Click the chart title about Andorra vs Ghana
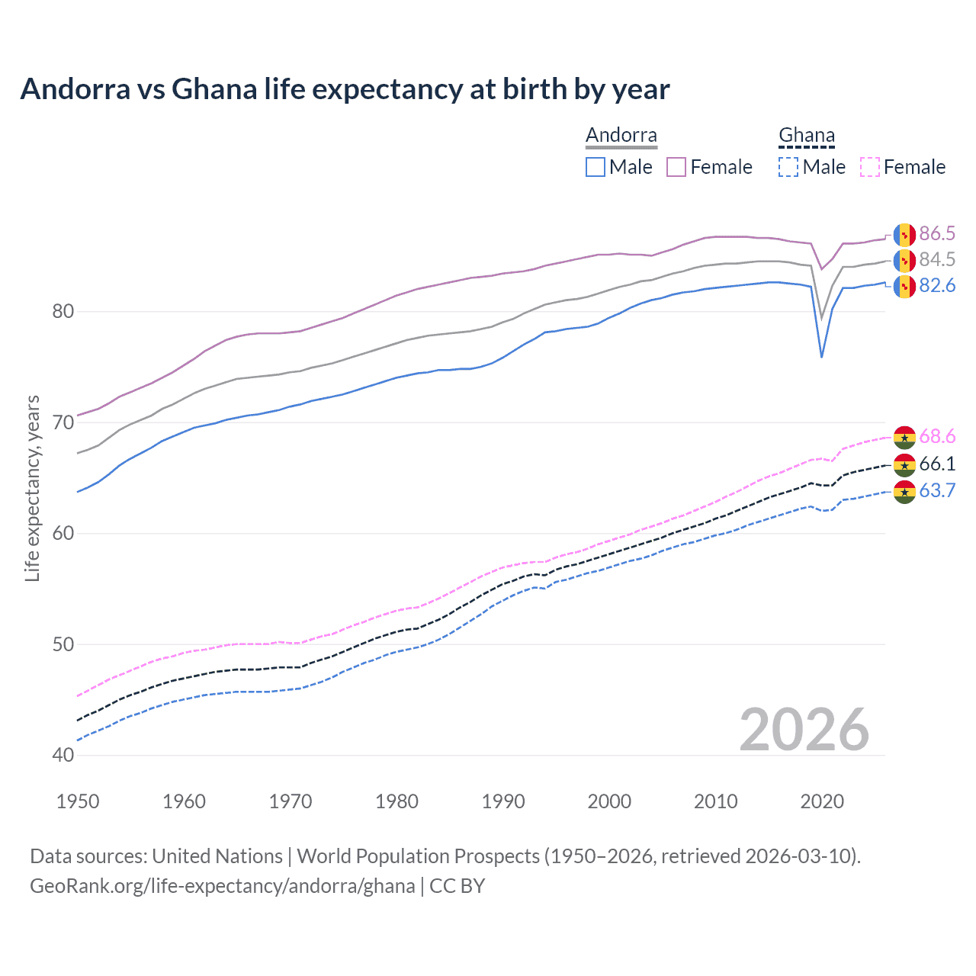(345, 89)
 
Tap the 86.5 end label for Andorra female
(937, 233)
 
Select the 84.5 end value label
(937, 259)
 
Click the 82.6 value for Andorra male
(937, 285)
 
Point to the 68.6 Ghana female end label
(937, 436)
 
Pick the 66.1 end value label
(937, 464)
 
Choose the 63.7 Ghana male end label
(937, 490)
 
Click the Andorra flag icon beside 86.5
(904, 234)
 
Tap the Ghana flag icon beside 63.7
(904, 492)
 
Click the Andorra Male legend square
(596, 167)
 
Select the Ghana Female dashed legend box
(870, 167)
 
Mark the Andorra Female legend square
(676, 167)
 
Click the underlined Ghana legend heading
(807, 136)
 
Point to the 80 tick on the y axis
(63, 311)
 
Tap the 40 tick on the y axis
(63, 755)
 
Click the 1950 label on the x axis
(78, 801)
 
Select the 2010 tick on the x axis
(715, 801)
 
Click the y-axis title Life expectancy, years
(33, 488)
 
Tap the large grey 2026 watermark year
(804, 730)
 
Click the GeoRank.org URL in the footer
(222, 886)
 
